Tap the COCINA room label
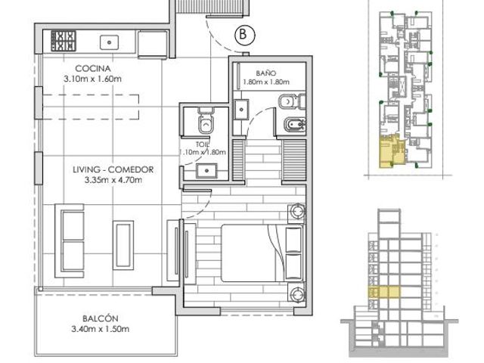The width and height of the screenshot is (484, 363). coord(92,68)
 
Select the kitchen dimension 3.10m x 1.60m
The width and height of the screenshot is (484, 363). coord(92,79)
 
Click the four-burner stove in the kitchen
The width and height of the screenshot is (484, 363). coord(64,41)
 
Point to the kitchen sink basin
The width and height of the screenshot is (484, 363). coord(109,42)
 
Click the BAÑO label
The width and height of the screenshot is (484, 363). coord(265,73)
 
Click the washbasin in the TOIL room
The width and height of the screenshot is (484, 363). coord(206,171)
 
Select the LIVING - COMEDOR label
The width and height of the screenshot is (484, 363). coord(113,169)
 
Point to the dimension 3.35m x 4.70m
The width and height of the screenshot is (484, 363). coord(113,180)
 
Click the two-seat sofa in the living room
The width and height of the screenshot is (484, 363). coord(70,240)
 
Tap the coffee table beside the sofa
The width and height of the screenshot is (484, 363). coord(123,245)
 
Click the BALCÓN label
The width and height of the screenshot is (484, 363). coord(101,318)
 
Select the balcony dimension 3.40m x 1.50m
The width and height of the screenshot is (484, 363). coord(101,329)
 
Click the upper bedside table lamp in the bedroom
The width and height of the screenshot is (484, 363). coord(297,212)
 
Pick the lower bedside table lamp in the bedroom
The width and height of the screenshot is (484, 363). coord(297,293)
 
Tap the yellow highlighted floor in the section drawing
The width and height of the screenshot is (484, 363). coord(384,292)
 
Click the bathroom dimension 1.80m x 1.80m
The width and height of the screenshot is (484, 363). coord(266,82)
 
